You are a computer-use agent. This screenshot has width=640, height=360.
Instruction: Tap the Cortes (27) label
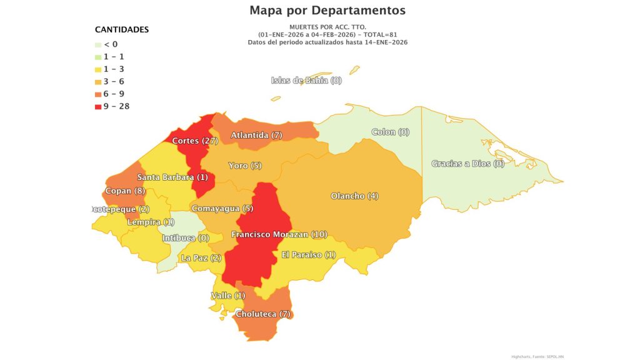tap(195, 141)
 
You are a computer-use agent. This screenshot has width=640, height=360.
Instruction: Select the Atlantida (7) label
tap(257, 135)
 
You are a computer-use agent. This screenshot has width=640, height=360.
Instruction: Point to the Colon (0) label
tap(390, 132)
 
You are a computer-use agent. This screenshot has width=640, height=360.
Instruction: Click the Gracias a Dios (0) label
tap(467, 164)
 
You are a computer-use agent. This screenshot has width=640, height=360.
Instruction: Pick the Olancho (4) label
tap(354, 196)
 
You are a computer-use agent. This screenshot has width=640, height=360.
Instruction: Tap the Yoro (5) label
tap(245, 166)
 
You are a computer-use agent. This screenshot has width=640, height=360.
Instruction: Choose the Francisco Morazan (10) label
tap(279, 234)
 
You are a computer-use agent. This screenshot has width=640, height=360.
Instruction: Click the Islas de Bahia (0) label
tap(306, 80)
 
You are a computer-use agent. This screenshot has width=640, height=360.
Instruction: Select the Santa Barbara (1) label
tap(172, 177)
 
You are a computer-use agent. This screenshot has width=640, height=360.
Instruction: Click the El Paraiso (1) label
tap(309, 254)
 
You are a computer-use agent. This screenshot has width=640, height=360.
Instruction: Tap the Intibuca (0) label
tap(186, 238)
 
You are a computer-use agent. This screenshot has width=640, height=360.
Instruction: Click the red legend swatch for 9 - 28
tap(98, 106)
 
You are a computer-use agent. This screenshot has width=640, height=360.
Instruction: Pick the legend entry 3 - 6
tap(113, 81)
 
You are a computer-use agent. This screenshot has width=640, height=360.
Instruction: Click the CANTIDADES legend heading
tap(121, 29)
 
